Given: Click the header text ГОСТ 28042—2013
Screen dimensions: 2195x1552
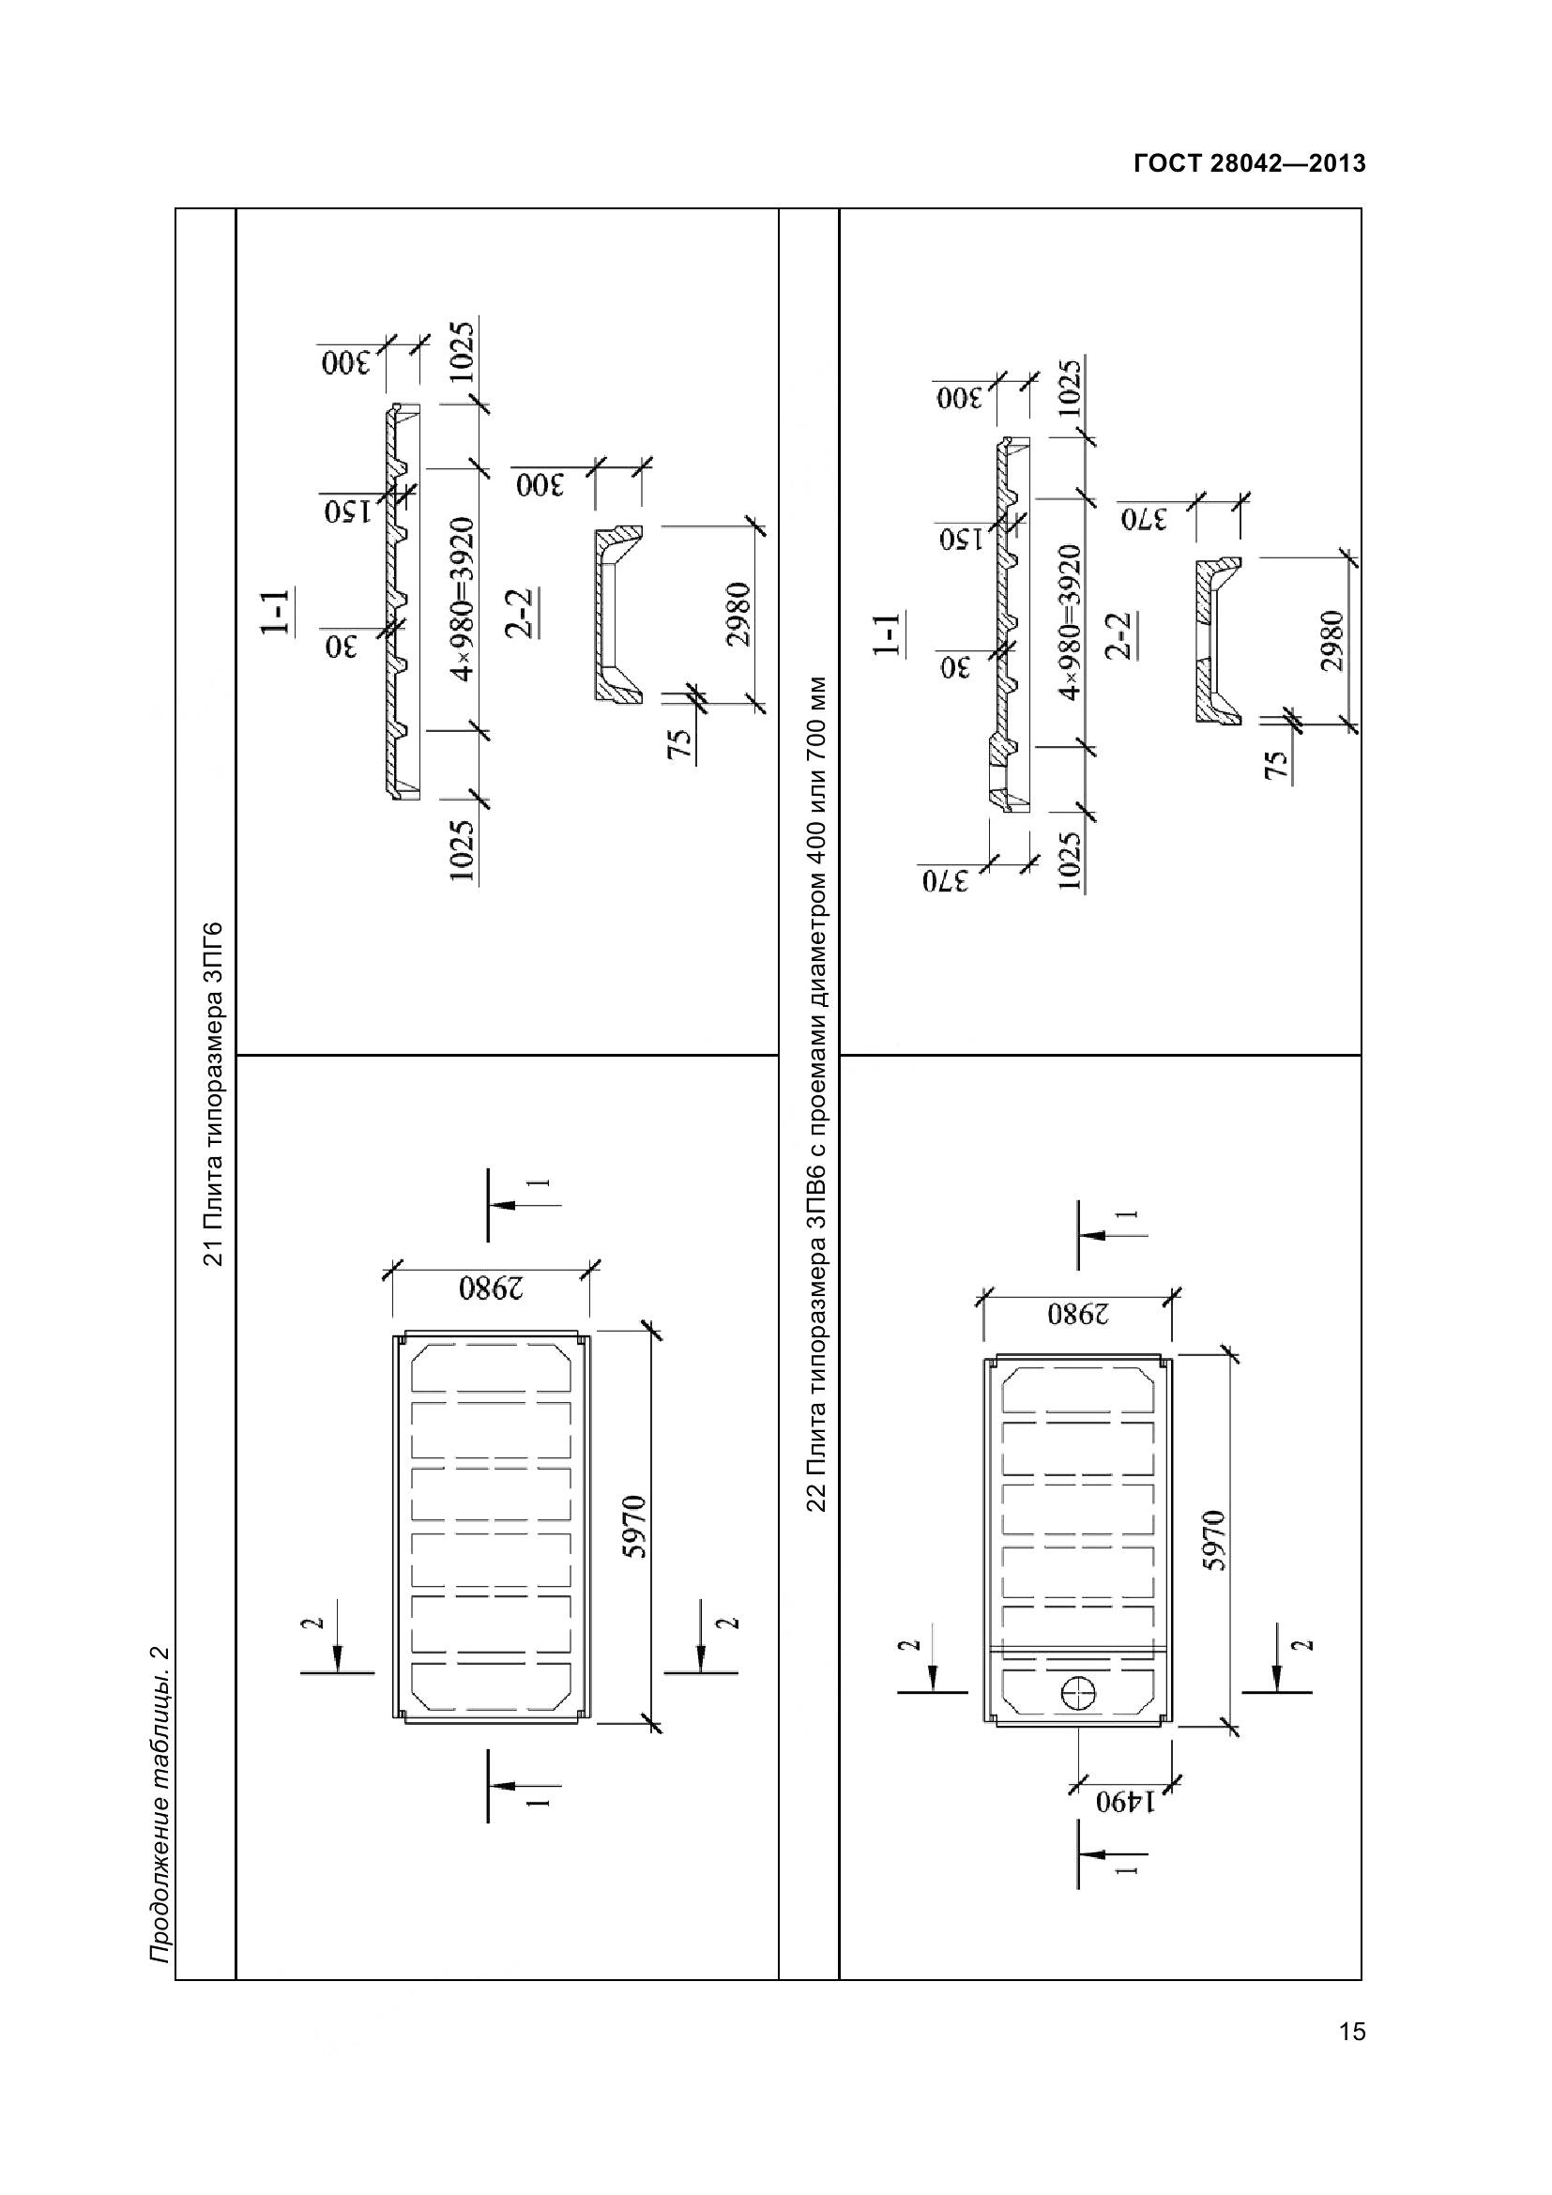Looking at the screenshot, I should (x=1249, y=163).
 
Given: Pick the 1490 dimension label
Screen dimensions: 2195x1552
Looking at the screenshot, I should (x=1125, y=1803).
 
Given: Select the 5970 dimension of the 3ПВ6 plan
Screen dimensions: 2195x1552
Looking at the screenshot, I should (x=1213, y=1540).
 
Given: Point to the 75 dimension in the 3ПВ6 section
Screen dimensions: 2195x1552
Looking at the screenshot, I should (x=1277, y=764).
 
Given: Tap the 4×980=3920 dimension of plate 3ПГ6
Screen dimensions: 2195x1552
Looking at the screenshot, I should (x=463, y=600).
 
